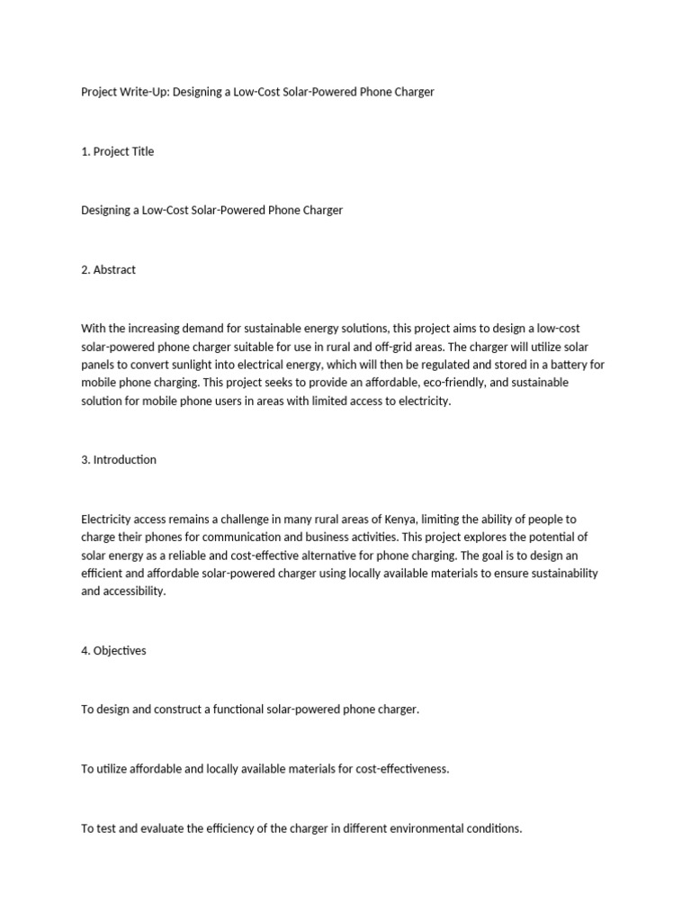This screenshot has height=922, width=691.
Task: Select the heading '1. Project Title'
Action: click(118, 151)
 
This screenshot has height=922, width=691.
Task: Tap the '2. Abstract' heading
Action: click(109, 269)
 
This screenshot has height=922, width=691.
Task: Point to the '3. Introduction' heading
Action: click(119, 459)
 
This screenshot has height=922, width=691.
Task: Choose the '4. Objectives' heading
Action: click(113, 651)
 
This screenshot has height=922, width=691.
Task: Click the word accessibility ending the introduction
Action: click(134, 592)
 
